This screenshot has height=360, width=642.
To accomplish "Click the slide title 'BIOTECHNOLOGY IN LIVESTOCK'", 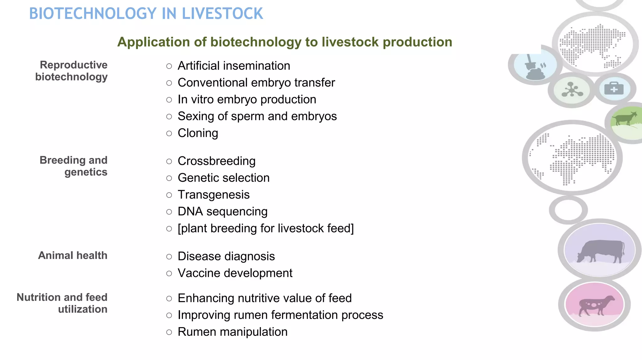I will [x=146, y=14].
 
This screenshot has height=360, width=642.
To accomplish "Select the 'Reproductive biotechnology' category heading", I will [x=71, y=71].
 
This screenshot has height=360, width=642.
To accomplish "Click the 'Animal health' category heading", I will [x=73, y=255].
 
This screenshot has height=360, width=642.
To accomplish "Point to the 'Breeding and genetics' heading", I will [x=74, y=166].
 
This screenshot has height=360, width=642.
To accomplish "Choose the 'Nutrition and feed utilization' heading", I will [x=62, y=303].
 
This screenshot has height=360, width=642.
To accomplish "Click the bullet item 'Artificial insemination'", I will [x=234, y=66].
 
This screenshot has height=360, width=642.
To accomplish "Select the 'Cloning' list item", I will [x=198, y=133].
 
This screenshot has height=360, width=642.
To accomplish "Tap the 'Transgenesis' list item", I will [x=213, y=195].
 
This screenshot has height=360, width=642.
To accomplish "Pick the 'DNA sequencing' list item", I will [x=223, y=211].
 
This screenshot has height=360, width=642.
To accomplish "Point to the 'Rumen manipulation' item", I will [x=233, y=332].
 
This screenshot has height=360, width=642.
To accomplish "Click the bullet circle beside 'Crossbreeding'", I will [x=169, y=162].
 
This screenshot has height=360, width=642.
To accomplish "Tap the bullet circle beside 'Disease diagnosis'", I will [x=169, y=257].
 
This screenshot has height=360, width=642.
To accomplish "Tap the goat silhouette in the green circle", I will [x=625, y=118].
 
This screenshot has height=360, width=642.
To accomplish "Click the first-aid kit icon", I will [x=614, y=89].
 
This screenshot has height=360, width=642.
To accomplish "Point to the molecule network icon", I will [x=572, y=90].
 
